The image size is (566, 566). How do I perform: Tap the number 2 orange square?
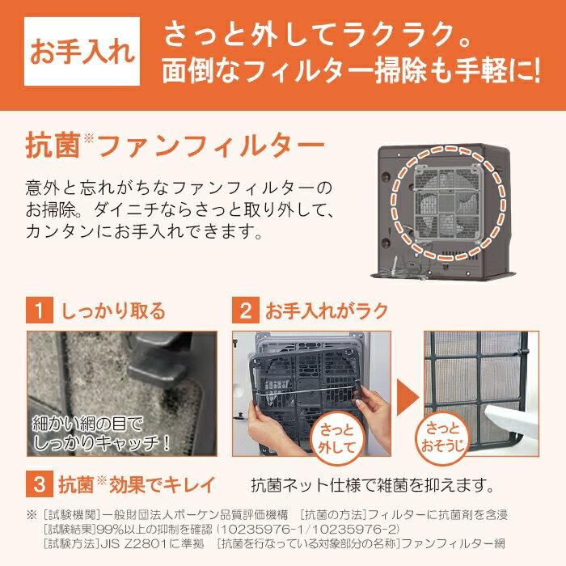pos(243,311)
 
